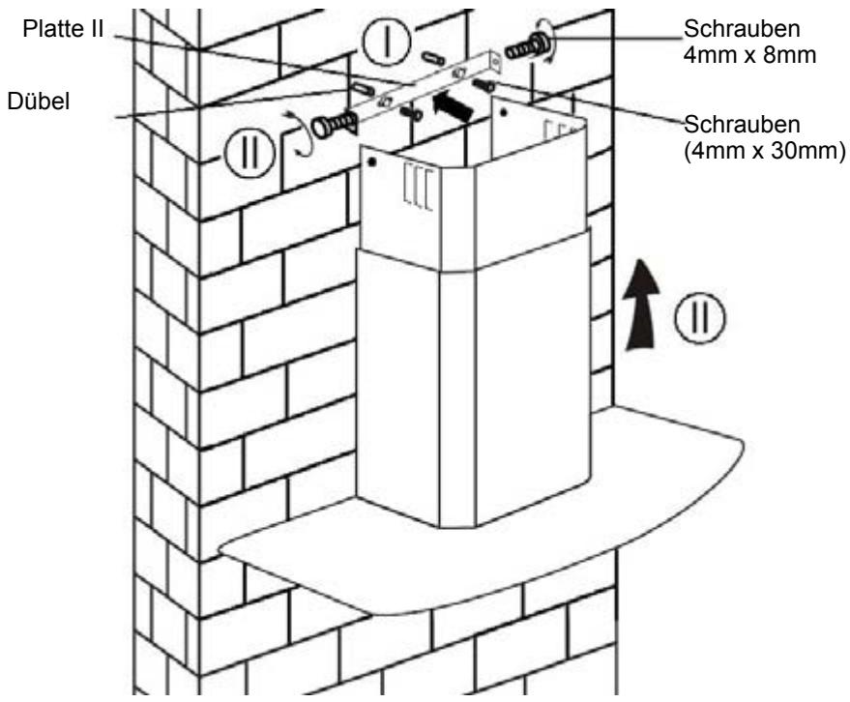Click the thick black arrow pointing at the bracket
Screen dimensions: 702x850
point(459,103)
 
